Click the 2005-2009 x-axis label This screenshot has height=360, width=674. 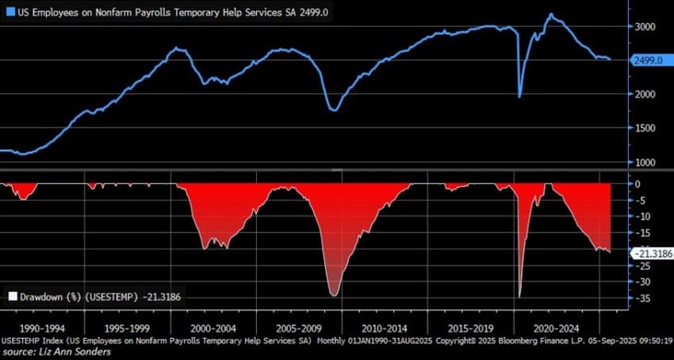pyautogui.click(x=298, y=327)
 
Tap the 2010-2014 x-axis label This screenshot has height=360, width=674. pyautogui.click(x=385, y=327)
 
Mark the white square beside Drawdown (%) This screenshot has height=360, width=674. pyautogui.click(x=12, y=296)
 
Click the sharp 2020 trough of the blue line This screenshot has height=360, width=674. pyautogui.click(x=519, y=97)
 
